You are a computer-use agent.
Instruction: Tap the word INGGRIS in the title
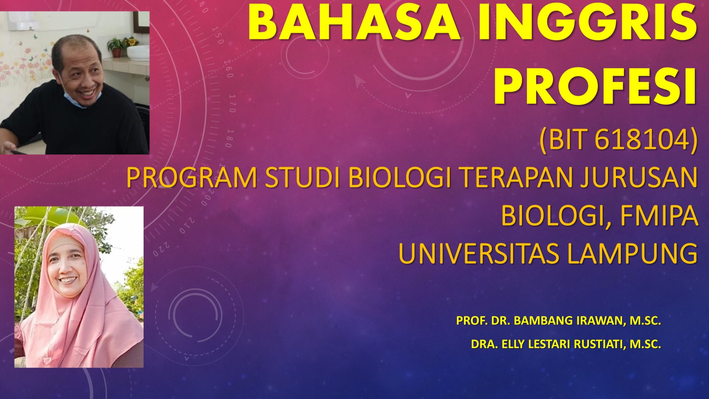[588, 23]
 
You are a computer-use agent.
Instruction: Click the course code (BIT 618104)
[619, 140]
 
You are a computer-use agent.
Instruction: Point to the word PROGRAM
[191, 177]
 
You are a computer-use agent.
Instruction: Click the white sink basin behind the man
[138, 53]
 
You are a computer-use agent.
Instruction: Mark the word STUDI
[303, 177]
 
